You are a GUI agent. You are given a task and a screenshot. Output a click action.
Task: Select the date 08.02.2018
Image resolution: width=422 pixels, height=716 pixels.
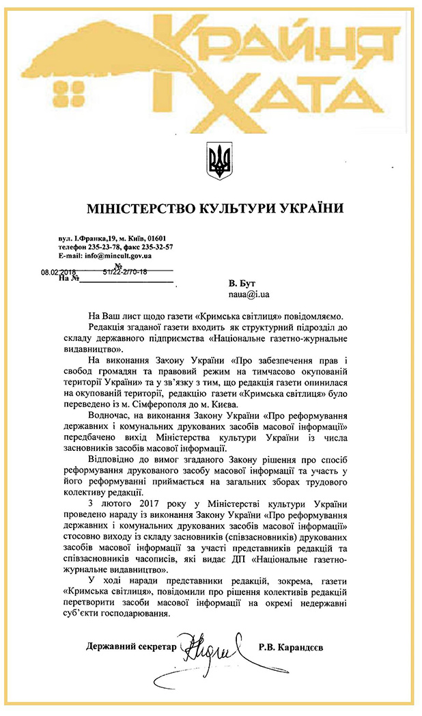[x=59, y=271]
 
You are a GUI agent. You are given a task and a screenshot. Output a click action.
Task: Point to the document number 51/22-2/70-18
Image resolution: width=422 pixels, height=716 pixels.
[x=124, y=271]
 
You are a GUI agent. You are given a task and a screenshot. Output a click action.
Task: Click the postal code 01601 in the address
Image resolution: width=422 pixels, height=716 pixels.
[x=157, y=237]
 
